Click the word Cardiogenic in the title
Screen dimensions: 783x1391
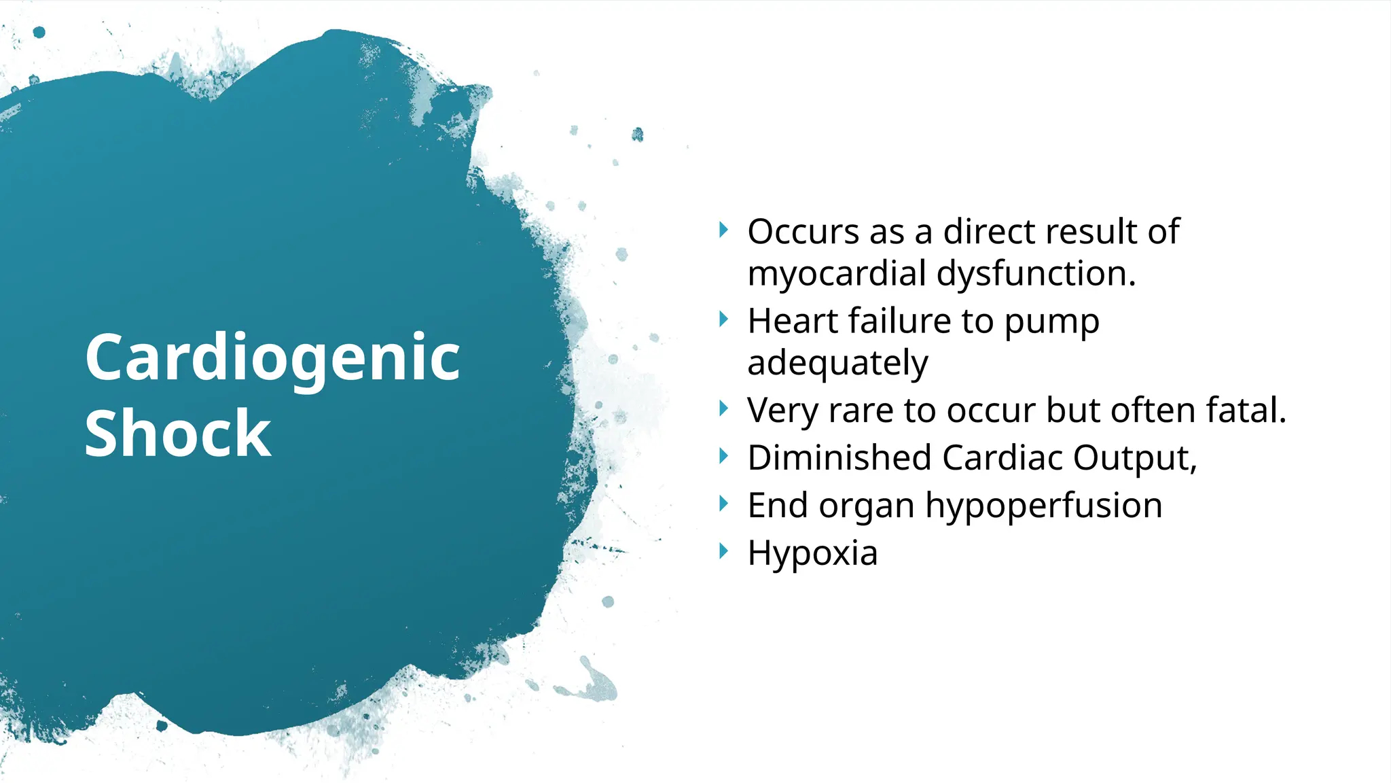pos(272,359)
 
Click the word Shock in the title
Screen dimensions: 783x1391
pos(178,434)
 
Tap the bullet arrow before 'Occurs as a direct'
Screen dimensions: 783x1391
pos(723,230)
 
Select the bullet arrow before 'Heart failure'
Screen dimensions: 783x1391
pos(723,319)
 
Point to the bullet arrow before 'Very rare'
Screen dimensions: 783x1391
pos(723,408)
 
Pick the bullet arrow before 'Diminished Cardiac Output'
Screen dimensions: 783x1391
pos(723,456)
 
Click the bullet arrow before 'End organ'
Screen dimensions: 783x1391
pos(723,504)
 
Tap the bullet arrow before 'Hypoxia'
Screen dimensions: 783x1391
pos(723,551)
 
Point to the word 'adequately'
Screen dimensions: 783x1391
pos(837,364)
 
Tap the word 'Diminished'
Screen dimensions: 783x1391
pos(839,457)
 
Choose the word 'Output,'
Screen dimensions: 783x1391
pos(1135,459)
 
